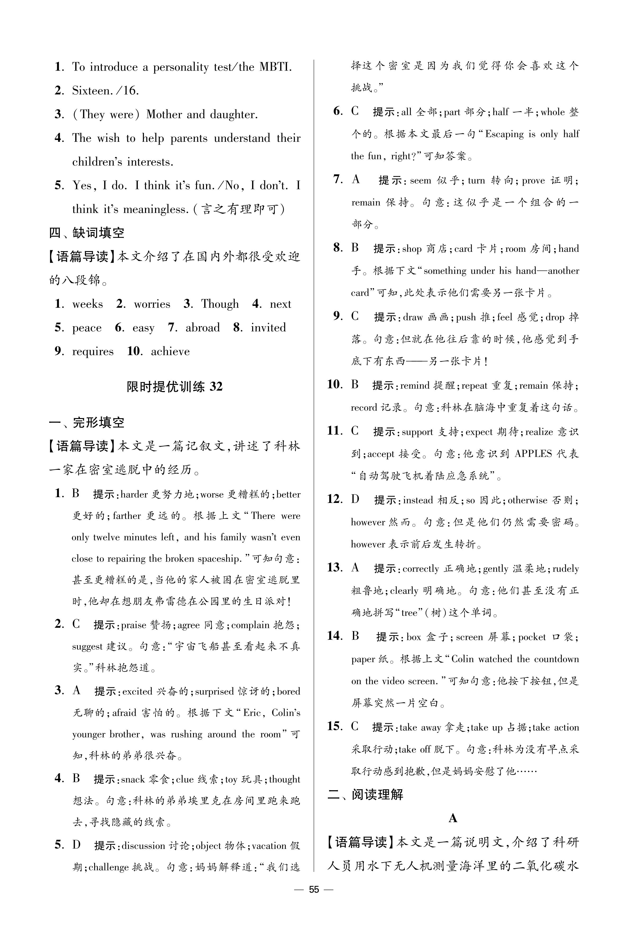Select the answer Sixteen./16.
click(x=105, y=91)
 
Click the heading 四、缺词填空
click(x=87, y=233)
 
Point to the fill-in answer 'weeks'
click(x=87, y=304)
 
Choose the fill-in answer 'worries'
click(x=152, y=304)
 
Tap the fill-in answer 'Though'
click(x=220, y=304)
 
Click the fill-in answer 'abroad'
click(x=202, y=328)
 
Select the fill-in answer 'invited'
click(x=268, y=328)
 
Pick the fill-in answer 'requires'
click(x=93, y=352)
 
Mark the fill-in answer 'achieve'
click(x=170, y=352)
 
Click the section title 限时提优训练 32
click(x=174, y=387)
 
